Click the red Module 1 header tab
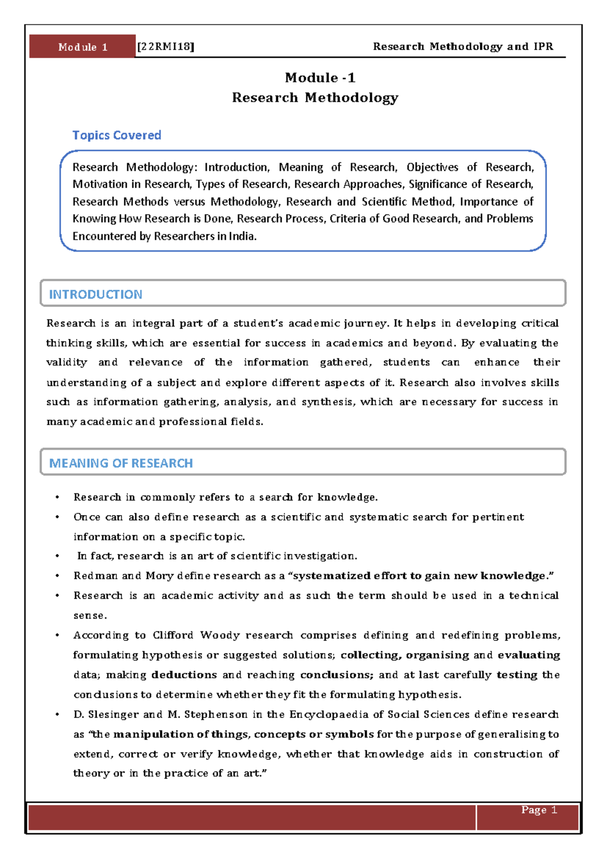click(x=82, y=47)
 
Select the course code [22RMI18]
click(x=166, y=47)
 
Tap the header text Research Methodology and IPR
click(x=463, y=47)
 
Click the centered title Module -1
click(x=320, y=78)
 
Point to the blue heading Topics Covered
click(x=116, y=135)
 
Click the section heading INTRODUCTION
click(x=95, y=294)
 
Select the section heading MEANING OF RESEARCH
click(x=120, y=463)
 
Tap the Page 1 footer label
click(x=539, y=810)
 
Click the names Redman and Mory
click(x=123, y=576)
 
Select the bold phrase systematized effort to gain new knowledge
click(x=420, y=576)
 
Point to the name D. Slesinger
click(x=106, y=715)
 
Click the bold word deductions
click(x=184, y=675)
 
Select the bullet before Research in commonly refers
click(x=58, y=498)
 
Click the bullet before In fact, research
click(x=58, y=556)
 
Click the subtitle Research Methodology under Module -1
click(x=315, y=98)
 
